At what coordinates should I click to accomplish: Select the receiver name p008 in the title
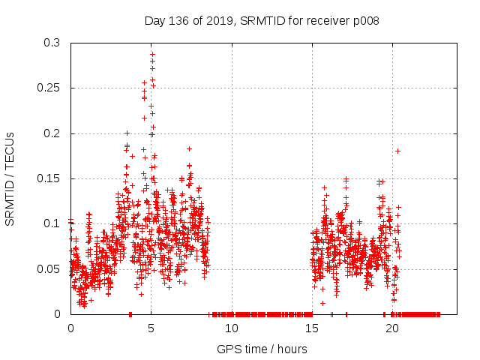[x=364, y=20]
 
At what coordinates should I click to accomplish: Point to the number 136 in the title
[x=178, y=20]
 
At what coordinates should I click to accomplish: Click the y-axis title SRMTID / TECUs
[x=10, y=178]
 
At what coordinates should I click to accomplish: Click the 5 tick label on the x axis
[x=151, y=328]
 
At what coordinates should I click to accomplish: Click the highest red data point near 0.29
[x=152, y=54]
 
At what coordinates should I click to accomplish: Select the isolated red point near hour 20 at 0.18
[x=398, y=151]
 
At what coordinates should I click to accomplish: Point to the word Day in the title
[x=154, y=20]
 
